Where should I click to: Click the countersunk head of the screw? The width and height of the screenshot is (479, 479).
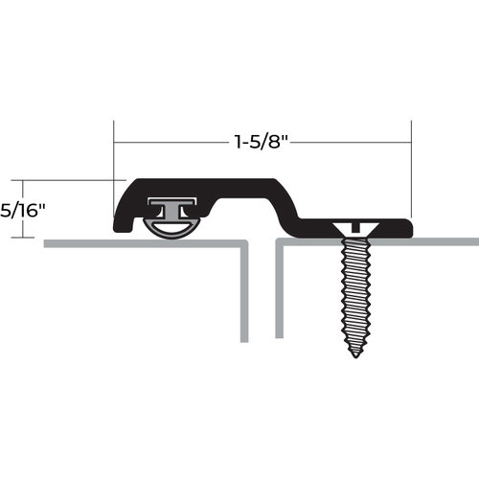click(354, 227)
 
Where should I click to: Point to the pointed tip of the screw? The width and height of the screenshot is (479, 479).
click(354, 353)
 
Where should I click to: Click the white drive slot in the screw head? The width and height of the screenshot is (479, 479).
click(354, 226)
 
